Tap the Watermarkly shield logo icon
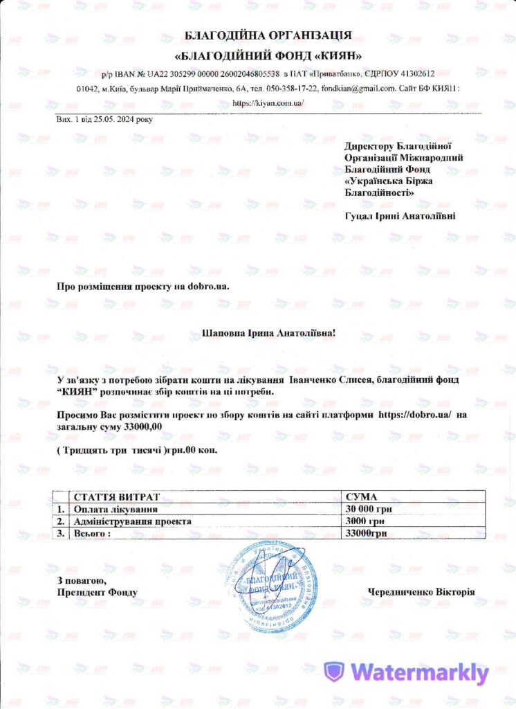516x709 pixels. click(334, 672)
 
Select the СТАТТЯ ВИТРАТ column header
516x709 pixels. click(116, 497)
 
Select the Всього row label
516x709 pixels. click(92, 532)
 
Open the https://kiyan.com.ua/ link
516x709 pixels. click(268, 102)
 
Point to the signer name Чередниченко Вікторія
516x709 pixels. click(421, 592)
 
